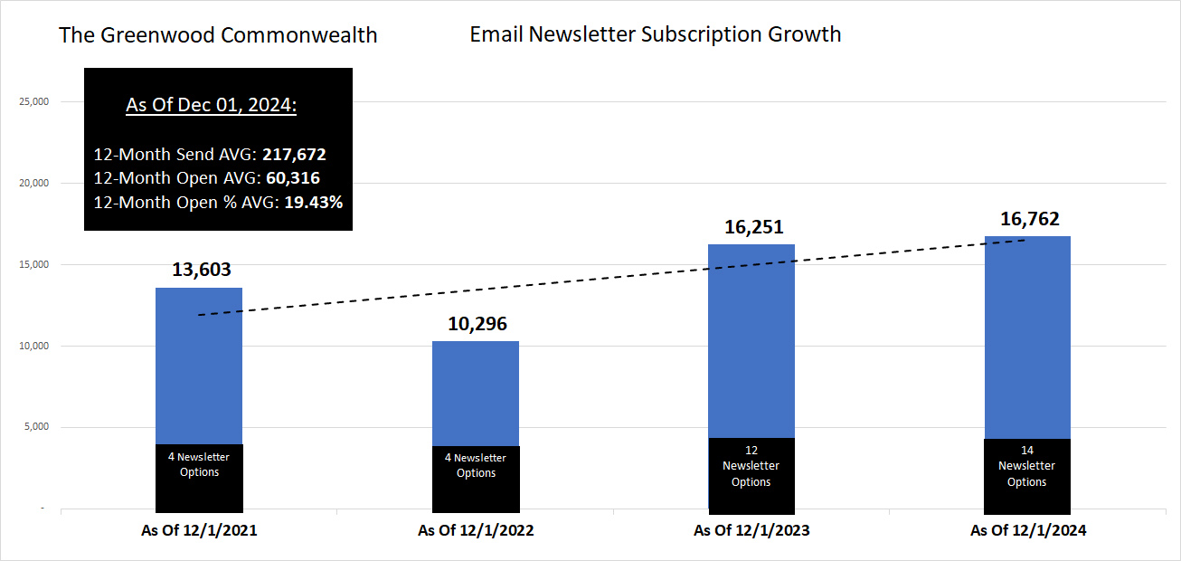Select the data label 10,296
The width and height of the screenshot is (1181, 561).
476,324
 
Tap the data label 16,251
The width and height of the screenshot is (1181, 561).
752,227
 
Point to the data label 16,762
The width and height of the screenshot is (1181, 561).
1029,219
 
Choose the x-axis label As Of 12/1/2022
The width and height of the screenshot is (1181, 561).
476,531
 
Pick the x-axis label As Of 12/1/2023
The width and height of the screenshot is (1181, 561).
751,531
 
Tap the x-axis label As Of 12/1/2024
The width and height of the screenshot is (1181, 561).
1028,531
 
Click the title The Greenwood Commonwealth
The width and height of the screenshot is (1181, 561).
218,36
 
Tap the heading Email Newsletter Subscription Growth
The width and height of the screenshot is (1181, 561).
656,35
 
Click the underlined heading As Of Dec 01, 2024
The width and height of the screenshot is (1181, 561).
212,105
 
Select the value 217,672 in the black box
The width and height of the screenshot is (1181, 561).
294,155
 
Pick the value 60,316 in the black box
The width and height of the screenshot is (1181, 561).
293,178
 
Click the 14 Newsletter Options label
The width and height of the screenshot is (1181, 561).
1027,466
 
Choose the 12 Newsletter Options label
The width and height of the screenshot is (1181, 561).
751,466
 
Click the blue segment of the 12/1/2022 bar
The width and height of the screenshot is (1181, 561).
476,394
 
